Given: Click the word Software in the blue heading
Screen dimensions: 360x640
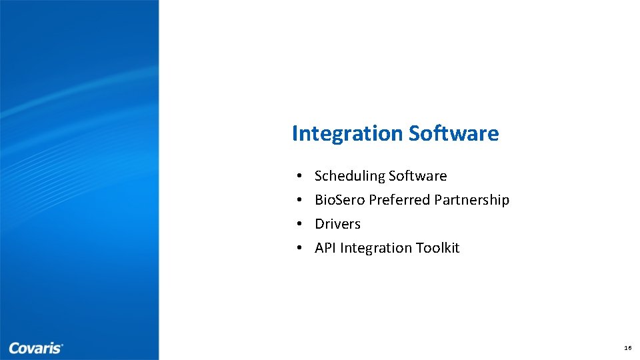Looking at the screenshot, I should click(453, 133).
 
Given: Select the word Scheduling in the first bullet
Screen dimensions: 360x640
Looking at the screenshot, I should click(349, 176).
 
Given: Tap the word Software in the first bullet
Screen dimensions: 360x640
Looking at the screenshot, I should click(417, 176).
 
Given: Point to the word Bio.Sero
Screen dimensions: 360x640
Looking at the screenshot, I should click(339, 200).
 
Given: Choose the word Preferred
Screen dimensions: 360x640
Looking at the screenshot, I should click(399, 200).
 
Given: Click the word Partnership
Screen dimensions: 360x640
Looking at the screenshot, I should click(471, 200).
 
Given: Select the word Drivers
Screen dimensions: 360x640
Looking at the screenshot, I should click(337, 224).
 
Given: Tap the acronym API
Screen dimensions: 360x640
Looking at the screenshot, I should click(325, 248).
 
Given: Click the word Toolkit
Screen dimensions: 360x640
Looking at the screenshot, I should click(437, 248).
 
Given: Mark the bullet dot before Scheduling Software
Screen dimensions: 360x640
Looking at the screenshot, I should click(300, 177).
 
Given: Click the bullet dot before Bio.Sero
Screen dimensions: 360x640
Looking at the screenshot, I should click(300, 201).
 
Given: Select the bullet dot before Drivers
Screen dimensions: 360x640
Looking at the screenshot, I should click(300, 225).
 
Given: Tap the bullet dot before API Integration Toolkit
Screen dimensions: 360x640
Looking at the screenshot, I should click(300, 249).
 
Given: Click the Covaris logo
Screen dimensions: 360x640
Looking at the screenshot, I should click(35, 348).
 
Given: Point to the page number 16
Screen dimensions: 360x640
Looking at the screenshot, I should click(627, 348).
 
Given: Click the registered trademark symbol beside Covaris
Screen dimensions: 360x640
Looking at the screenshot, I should click(62, 345).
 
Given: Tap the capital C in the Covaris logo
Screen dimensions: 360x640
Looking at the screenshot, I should click(14, 348).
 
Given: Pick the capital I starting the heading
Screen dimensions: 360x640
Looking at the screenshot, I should click(295, 133).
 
